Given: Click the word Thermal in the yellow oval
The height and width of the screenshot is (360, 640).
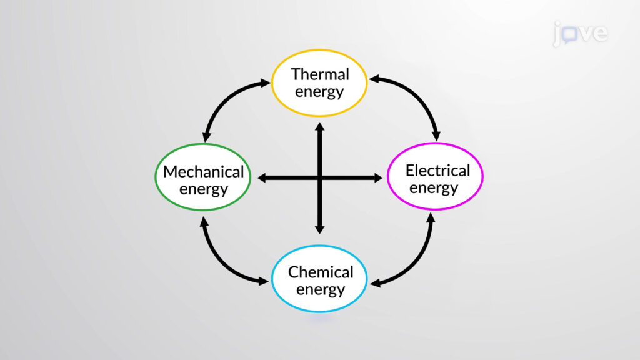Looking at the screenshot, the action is click(320, 74).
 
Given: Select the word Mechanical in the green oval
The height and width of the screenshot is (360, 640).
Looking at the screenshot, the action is click(203, 172).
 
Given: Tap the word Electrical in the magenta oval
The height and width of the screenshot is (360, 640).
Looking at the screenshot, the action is click(437, 171).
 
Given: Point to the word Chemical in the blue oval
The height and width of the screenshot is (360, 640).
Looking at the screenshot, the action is click(321, 272).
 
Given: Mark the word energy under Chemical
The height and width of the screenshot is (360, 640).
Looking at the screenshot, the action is click(321, 290).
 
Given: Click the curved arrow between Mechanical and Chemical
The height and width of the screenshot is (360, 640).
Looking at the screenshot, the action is click(224, 261).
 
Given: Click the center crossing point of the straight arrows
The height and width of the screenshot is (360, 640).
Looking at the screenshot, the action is click(320, 178).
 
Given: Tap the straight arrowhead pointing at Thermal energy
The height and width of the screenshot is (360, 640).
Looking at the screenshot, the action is click(320, 126).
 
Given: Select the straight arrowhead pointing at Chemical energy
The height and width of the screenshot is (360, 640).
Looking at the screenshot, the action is click(320, 229).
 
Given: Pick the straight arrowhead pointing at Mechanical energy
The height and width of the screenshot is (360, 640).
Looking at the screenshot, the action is click(262, 178).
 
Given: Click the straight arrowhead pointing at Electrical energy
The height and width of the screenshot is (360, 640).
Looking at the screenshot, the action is click(378, 178).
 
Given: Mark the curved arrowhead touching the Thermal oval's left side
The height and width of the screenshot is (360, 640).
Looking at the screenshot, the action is click(265, 83).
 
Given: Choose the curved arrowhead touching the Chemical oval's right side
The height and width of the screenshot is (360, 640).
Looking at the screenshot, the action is click(375, 283).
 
